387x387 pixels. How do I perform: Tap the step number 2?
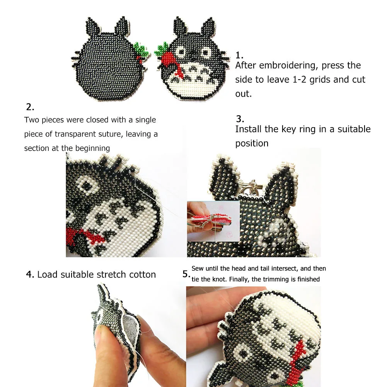(30, 107)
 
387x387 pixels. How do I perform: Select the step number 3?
(240, 119)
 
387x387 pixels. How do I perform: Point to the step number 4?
(30, 275)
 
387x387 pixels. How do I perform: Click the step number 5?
(186, 274)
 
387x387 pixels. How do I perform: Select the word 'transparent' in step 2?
(76, 134)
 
